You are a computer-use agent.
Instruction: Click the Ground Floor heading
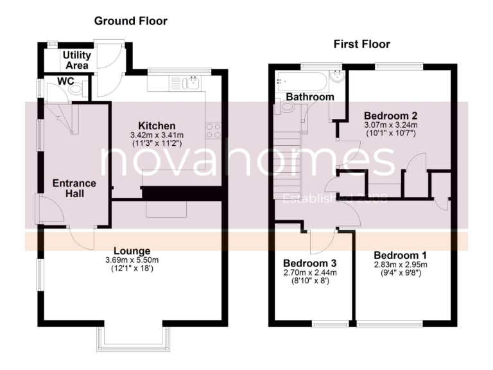[130, 21]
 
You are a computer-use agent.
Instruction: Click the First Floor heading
[361, 44]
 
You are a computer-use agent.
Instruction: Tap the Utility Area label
[76, 60]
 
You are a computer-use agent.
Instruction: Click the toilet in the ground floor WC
[76, 91]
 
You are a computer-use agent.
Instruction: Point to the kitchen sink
[190, 83]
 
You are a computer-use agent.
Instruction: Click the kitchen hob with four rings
[213, 130]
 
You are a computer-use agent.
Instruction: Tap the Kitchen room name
[157, 125]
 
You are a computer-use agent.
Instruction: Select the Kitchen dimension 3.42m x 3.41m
[157, 135]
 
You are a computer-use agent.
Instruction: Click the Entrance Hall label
[74, 189]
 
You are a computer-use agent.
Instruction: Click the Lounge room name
[132, 251]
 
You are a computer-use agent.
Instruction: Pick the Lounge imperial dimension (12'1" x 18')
[132, 269]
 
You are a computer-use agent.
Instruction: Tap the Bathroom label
[310, 97]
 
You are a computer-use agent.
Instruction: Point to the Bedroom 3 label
[310, 263]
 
